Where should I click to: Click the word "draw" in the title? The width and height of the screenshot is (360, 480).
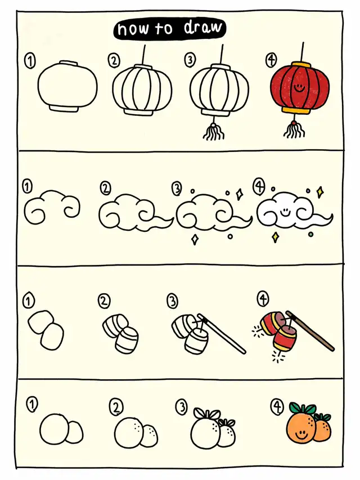(202, 28)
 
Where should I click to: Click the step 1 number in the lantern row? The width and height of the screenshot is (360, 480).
(30, 61)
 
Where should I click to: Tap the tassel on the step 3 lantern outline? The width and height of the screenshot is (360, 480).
(214, 132)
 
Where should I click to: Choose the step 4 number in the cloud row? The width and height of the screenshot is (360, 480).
(259, 186)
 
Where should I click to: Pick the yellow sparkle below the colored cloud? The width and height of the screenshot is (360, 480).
(275, 237)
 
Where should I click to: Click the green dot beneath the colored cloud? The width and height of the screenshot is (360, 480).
(310, 235)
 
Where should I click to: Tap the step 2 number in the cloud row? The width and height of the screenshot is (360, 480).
(105, 189)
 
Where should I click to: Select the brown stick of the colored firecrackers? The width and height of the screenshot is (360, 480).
(310, 331)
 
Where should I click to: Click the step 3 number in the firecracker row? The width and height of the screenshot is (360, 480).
(172, 301)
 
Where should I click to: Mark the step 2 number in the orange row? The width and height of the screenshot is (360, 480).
(115, 407)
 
